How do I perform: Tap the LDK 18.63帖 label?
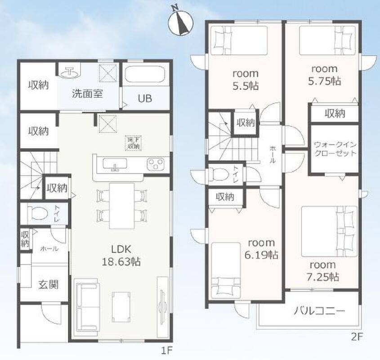click(121, 256)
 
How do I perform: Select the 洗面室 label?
click(87, 94)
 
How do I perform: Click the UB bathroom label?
click(145, 99)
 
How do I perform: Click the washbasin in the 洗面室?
click(70, 72)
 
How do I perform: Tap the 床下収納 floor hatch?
click(133, 144)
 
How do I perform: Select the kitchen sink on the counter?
click(115, 164)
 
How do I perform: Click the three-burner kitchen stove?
click(155, 164)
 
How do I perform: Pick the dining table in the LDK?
click(122, 206)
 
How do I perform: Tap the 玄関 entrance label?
click(49, 284)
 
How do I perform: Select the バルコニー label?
click(319, 311)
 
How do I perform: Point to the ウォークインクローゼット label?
click(335, 149)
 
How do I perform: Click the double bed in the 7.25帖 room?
click(329, 231)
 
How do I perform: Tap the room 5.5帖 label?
click(246, 80)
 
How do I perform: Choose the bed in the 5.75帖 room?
click(327, 40)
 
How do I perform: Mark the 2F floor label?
click(356, 337)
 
